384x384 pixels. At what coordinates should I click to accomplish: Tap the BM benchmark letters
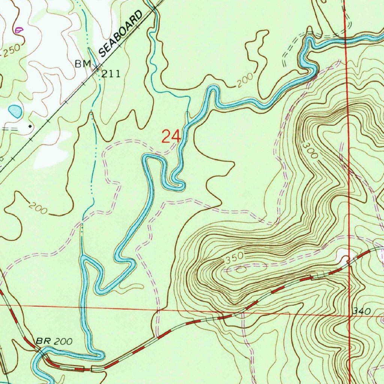click(x=82, y=64)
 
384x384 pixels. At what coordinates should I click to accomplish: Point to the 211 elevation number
click(x=111, y=74)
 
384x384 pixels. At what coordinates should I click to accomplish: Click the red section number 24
click(x=171, y=136)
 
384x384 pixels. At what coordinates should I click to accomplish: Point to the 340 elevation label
click(x=362, y=311)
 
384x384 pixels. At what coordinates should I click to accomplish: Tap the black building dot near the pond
click(x=30, y=127)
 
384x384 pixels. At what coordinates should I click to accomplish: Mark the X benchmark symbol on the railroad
click(x=97, y=67)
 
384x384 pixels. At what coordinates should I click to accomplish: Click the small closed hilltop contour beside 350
click(x=240, y=269)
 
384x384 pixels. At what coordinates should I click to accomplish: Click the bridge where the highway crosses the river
click(x=42, y=353)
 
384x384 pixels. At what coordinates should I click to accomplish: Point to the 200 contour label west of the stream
click(x=38, y=208)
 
